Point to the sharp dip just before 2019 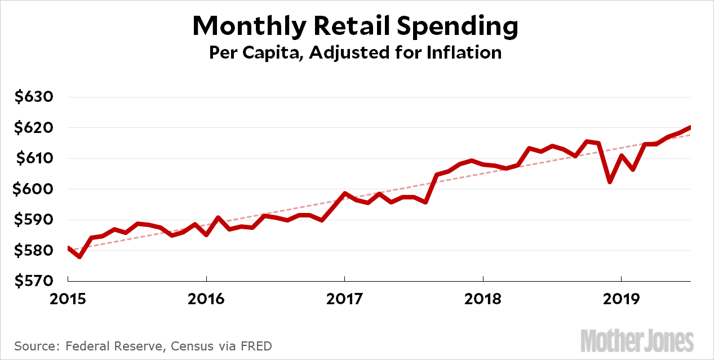tap(610, 181)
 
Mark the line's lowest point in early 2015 tap(79, 257)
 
